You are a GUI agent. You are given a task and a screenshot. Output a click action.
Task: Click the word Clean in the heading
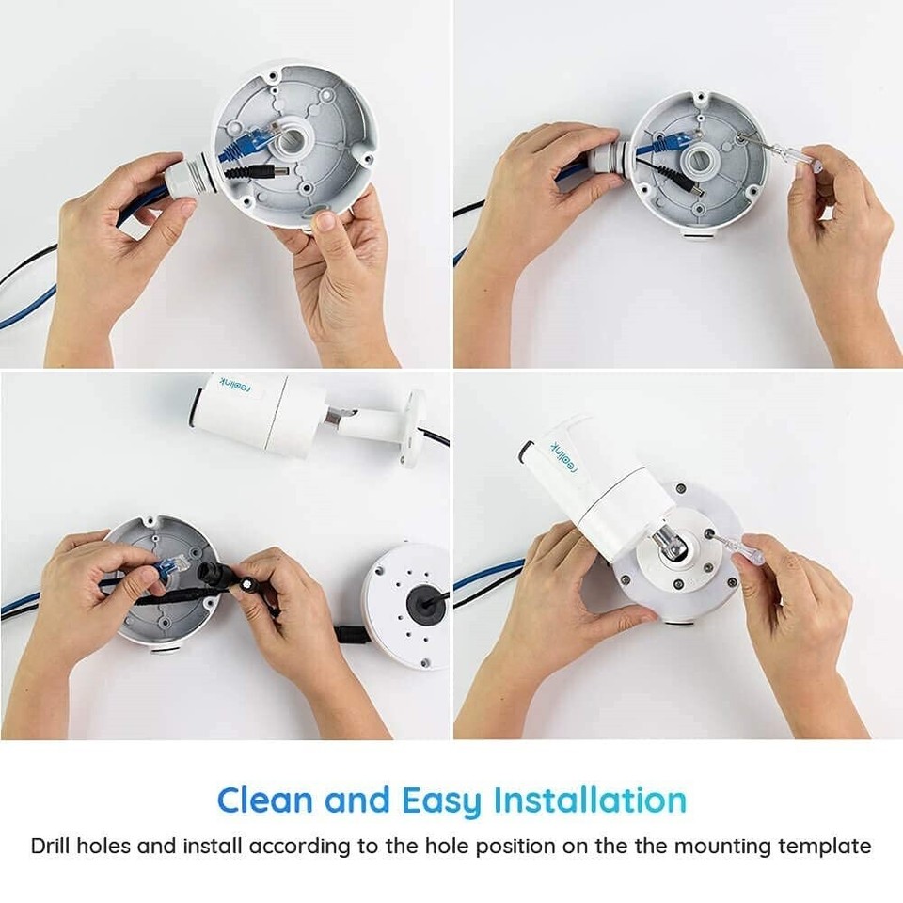click(265, 800)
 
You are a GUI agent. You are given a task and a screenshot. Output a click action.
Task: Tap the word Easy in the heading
click(441, 800)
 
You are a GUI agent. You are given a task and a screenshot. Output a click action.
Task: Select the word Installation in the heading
click(590, 800)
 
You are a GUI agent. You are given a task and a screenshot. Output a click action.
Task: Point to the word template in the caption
click(824, 846)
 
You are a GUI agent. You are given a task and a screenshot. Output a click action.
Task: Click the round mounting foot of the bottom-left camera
click(412, 428)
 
